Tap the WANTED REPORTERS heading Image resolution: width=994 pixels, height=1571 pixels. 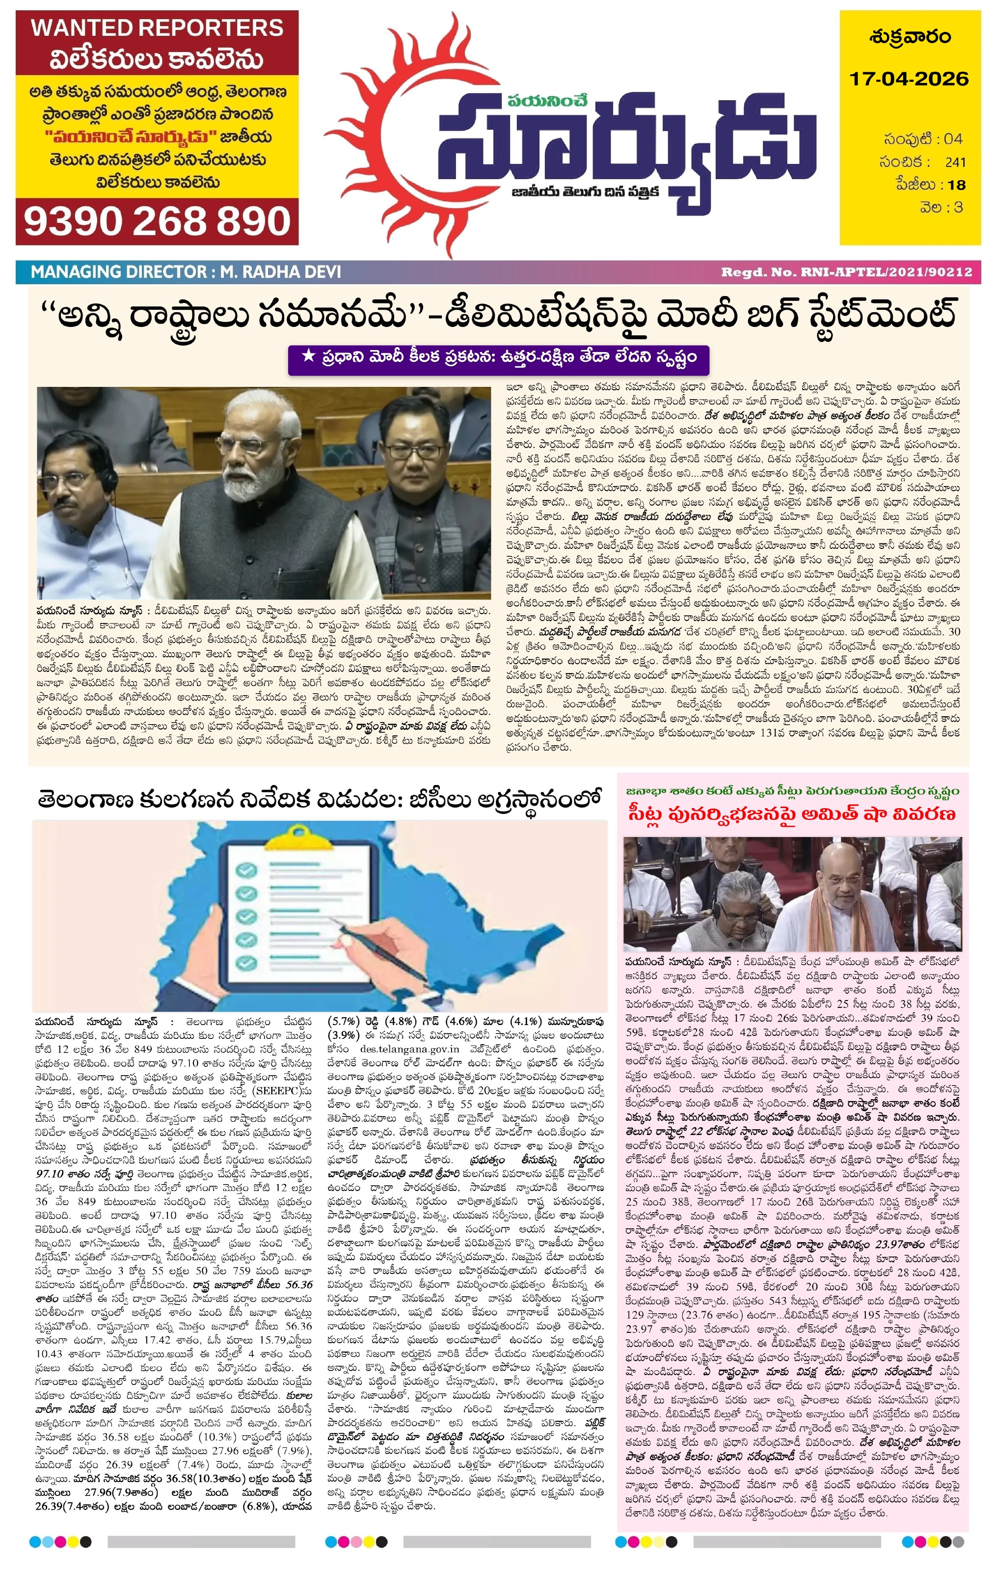(x=157, y=28)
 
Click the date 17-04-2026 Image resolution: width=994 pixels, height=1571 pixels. (x=909, y=79)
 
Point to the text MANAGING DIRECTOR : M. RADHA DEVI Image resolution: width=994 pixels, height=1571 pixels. (x=186, y=271)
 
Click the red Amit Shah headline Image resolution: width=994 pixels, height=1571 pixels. (x=792, y=813)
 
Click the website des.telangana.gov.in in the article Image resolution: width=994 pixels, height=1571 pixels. (x=409, y=1049)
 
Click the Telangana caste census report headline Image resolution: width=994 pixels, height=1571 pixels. (x=320, y=799)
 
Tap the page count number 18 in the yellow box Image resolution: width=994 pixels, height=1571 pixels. (x=956, y=185)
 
